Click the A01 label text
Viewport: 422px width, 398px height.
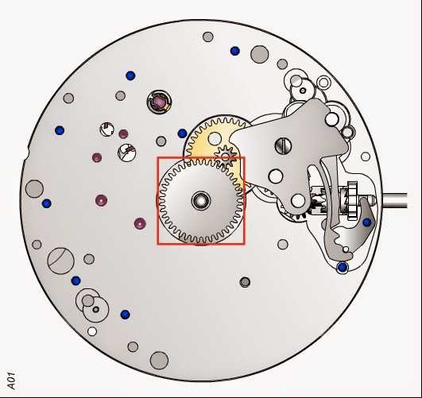11,381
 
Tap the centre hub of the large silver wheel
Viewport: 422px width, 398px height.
201,200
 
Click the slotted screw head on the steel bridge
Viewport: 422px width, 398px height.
283,146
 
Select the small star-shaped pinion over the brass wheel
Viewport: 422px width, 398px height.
226,156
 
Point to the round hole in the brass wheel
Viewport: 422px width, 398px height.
215,138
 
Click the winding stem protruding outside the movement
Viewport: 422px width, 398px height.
395,200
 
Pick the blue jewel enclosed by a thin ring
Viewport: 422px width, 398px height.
343,268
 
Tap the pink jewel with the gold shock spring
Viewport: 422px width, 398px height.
159,102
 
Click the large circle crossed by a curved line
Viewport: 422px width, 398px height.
61,261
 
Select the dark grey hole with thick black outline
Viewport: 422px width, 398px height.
245,282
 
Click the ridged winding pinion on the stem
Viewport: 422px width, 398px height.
352,199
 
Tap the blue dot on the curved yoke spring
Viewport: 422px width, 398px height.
367,222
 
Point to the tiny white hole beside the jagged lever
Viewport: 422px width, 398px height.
346,249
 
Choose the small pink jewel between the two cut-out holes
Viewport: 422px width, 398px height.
123,133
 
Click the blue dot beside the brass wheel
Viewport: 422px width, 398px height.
182,133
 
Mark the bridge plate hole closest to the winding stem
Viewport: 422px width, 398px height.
298,201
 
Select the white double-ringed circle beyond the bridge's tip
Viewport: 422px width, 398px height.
323,83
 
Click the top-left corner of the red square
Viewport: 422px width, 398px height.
157,157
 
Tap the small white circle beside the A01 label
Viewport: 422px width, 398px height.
92,331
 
